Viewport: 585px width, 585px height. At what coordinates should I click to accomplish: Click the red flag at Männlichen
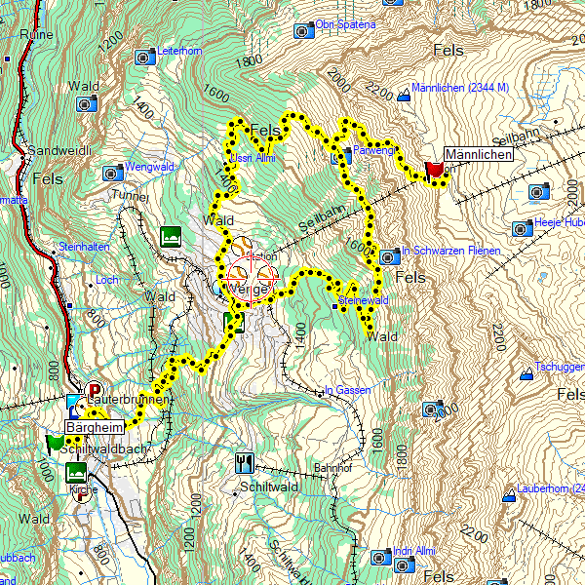tap(435, 171)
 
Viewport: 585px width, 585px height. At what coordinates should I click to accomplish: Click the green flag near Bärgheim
tap(55, 444)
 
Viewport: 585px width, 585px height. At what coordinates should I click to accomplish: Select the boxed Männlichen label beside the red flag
tap(478, 154)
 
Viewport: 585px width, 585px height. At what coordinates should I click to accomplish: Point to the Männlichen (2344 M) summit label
tap(461, 88)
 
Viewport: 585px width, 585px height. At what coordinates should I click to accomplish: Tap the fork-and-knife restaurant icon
tap(245, 461)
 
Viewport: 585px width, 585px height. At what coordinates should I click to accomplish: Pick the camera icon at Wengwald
tap(113, 174)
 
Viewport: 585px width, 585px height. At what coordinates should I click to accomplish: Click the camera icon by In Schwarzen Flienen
tap(389, 257)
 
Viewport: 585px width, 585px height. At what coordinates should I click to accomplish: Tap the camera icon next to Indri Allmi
tap(380, 558)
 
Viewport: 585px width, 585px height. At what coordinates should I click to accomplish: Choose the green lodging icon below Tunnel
tap(172, 235)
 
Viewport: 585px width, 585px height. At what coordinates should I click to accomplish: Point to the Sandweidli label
tap(58, 151)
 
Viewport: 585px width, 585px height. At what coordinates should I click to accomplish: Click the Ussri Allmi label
tap(252, 159)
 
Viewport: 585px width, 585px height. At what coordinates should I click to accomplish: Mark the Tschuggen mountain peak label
tap(560, 368)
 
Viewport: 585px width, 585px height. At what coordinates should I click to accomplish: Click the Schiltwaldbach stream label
tap(103, 448)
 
